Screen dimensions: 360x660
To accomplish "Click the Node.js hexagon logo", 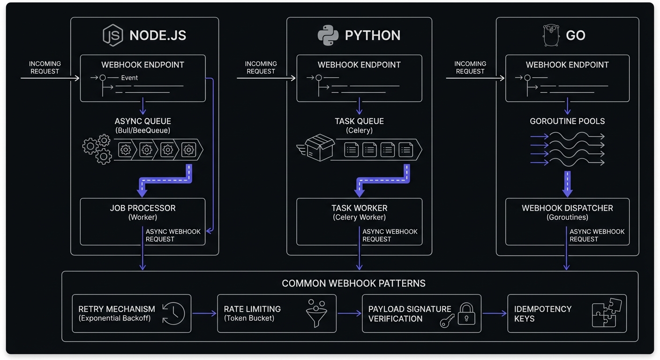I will (113, 36).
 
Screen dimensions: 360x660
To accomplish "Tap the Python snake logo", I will (328, 36).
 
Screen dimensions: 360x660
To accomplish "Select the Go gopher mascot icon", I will (552, 36).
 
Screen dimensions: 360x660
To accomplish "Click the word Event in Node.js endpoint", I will (129, 78).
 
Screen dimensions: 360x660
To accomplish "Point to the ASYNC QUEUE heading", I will (143, 121).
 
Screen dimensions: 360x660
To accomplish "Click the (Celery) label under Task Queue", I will (359, 130).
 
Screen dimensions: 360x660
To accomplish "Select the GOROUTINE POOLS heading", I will (567, 121).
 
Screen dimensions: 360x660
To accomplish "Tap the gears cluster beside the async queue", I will (97, 149).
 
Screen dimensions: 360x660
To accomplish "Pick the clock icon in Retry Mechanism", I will (173, 313).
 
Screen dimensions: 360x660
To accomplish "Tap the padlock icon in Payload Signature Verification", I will (465, 313).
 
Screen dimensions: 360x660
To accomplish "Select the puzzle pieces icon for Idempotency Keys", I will (607, 313).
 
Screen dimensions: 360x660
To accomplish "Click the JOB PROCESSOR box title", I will (142, 208).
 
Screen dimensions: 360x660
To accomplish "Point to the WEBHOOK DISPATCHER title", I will (567, 208).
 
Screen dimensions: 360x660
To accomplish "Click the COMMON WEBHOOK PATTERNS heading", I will (353, 284).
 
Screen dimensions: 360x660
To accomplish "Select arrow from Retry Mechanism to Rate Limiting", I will (204, 314).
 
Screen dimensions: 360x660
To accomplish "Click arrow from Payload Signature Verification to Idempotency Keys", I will (494, 314).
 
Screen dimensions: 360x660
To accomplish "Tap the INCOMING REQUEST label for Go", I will (470, 67).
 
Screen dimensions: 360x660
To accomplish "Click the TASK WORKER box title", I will (359, 208).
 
